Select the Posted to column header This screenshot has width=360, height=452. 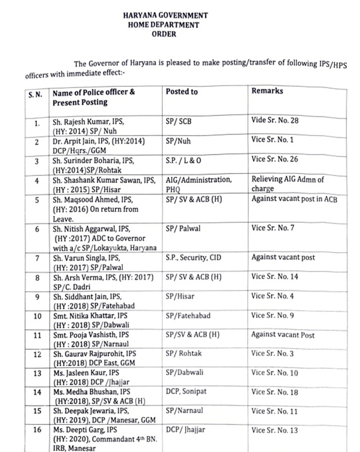(181, 92)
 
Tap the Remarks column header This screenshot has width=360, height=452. (267, 91)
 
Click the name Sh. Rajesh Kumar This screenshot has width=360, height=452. (82, 121)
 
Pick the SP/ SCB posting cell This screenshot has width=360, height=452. (179, 120)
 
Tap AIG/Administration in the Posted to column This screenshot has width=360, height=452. (197, 180)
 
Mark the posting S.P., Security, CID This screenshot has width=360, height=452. (193, 257)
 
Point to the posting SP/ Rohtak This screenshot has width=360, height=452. (184, 354)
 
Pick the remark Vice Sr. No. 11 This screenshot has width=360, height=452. (275, 411)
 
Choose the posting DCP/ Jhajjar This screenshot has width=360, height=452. (185, 430)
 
